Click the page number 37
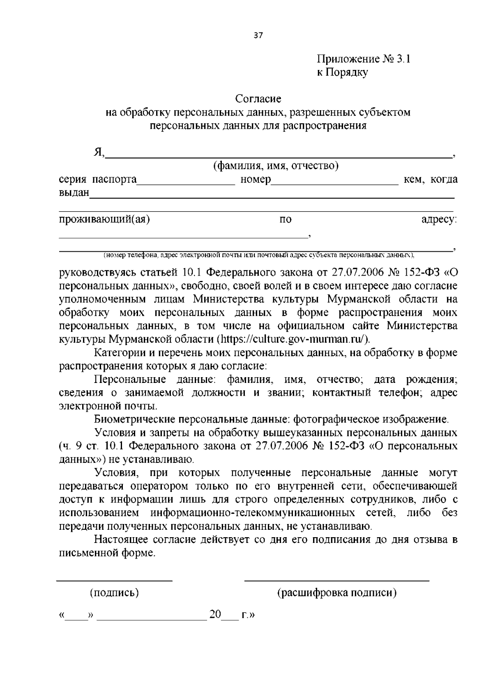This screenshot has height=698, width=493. coord(258,35)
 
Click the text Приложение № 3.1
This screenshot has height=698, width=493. coord(363,59)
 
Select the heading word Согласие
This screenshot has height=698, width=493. coord(258,99)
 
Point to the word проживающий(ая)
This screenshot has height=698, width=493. coord(104,219)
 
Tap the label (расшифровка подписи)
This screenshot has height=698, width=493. coord(337,593)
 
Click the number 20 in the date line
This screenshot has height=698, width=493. coord(215,615)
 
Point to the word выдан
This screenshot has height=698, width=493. coord(74,192)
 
